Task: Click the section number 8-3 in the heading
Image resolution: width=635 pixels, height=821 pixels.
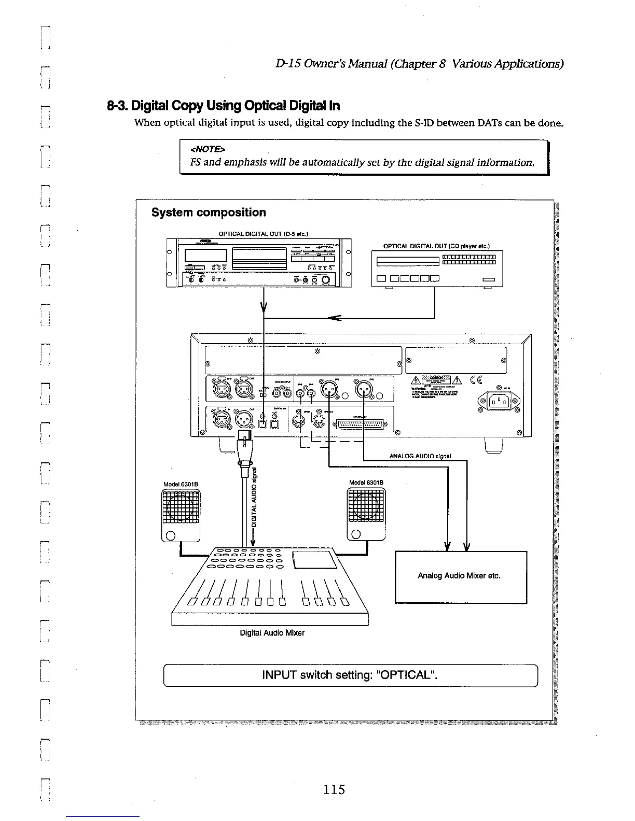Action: coord(116,106)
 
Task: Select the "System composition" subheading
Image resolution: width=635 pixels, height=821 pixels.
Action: coord(209,213)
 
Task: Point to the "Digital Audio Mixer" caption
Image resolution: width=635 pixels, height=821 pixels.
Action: coord(272,633)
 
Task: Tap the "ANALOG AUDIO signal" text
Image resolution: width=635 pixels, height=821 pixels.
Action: coord(420,457)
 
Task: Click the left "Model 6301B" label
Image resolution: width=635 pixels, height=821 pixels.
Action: coord(178,485)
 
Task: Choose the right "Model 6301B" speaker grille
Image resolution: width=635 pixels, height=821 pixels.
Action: coord(366,504)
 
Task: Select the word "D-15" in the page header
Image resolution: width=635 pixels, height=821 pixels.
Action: coord(286,64)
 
